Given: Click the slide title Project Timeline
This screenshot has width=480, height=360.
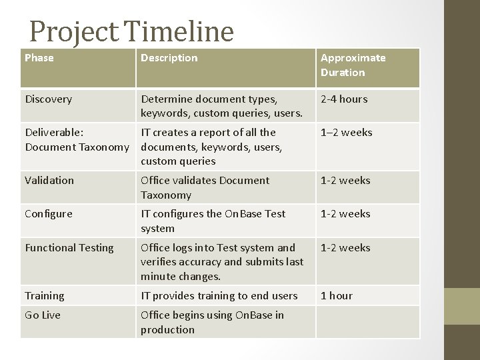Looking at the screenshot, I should (x=131, y=31).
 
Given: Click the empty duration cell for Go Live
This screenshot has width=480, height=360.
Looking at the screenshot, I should (x=367, y=322).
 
